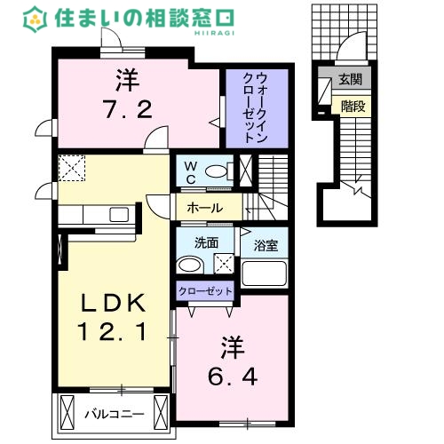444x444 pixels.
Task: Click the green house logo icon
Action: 35,17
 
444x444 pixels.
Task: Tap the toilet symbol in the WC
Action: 215,170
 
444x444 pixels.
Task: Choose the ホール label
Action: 204,209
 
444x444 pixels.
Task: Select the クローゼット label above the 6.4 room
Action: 206,290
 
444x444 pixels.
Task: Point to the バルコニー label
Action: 114,414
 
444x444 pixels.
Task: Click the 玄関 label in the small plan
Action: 349,80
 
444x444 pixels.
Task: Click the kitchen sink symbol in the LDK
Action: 117,213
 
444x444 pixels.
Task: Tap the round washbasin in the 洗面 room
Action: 187,265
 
